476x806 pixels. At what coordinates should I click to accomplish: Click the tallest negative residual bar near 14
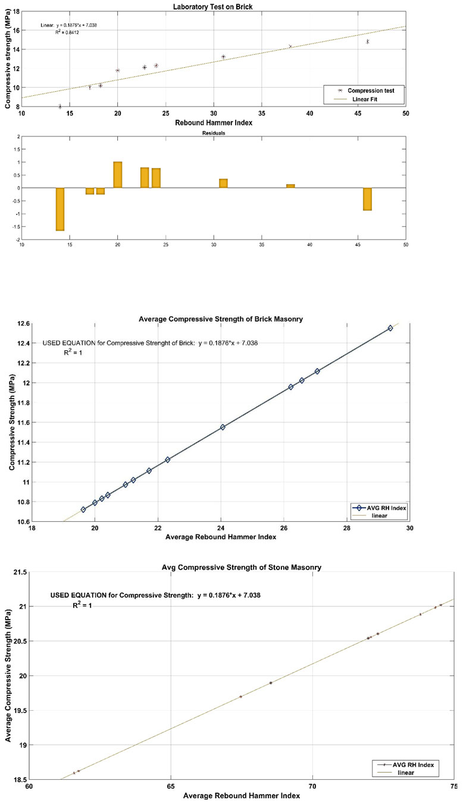tap(60, 209)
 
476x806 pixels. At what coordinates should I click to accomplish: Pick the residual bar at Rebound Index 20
tap(118, 175)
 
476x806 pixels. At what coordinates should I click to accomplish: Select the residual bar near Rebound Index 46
tap(368, 199)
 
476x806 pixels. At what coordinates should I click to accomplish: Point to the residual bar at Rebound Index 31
tap(223, 183)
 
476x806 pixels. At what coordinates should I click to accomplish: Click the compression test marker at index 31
tap(223, 57)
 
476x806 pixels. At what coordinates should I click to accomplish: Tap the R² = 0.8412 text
tap(67, 33)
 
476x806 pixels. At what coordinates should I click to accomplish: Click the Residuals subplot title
tap(213, 133)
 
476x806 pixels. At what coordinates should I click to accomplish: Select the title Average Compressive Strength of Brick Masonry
tap(221, 319)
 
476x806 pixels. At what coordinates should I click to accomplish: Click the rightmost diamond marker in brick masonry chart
tap(390, 328)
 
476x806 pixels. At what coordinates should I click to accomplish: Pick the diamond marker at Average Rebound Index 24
tap(223, 427)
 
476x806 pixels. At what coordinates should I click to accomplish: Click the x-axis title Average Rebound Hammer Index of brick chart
tap(221, 537)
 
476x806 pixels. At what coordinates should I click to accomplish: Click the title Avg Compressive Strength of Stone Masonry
tap(236, 567)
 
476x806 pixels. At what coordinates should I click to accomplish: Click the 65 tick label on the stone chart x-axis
tap(171, 785)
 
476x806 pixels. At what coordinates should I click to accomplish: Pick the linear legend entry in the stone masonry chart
tap(405, 772)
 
